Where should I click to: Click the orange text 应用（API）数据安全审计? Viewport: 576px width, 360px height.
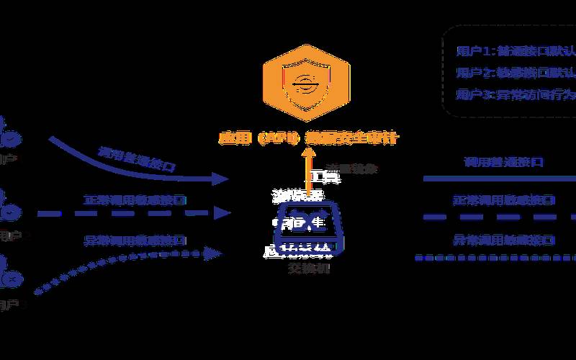310,137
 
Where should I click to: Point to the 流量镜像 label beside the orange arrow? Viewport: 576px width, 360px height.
352,169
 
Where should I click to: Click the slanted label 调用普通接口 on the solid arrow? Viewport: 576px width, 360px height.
137,159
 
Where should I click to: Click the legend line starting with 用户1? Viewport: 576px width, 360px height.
516,51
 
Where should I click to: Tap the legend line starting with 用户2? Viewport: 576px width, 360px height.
516,73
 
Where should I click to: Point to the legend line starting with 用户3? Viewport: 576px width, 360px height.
516,94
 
